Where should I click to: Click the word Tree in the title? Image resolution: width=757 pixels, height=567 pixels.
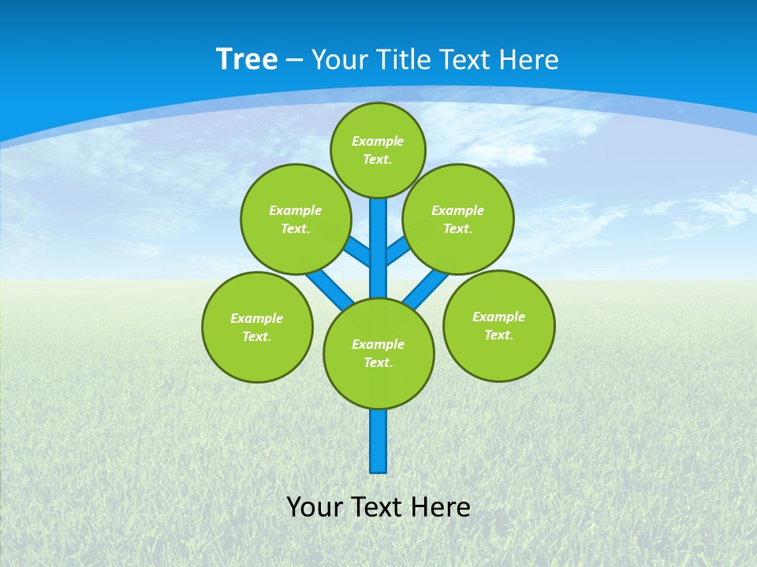(247, 60)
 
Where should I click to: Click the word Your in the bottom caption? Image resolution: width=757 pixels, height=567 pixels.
(314, 507)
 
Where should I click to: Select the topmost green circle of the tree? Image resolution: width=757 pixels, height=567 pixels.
(378, 150)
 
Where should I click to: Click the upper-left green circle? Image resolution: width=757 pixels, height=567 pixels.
(296, 219)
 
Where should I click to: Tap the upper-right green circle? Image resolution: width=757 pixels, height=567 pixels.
(458, 219)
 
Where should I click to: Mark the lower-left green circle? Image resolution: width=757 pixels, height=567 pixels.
(257, 327)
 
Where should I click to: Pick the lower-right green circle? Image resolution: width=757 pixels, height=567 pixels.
(498, 325)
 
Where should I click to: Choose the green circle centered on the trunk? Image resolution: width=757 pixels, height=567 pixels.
(378, 353)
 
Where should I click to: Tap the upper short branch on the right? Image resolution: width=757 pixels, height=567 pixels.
(397, 250)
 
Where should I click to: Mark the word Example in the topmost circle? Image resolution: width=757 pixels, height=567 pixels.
(378, 141)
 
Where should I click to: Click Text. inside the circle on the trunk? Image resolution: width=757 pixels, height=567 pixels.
(378, 362)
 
